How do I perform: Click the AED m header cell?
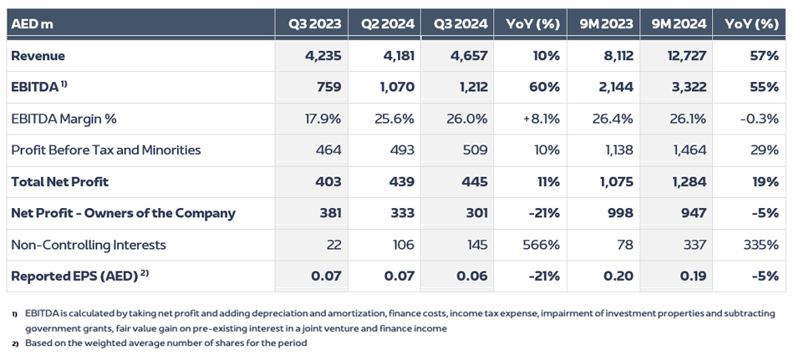coord(33,24)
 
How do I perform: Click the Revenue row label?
coord(38,56)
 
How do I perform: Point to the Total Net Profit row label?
coord(59,181)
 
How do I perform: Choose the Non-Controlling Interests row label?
coord(89,245)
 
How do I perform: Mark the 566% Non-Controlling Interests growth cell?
coord(542,245)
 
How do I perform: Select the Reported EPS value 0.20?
coord(618,276)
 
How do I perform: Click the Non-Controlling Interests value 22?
coord(333,245)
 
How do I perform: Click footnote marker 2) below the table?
coord(14,343)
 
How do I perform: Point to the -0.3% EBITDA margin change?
coord(759,119)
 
